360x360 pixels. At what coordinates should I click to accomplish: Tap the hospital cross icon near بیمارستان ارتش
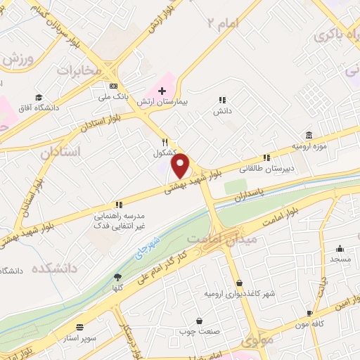(162, 91)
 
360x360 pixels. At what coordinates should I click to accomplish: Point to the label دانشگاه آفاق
(39, 108)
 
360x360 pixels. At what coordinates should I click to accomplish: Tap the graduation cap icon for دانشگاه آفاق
(39, 97)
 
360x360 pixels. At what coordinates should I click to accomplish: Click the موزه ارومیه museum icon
(309, 135)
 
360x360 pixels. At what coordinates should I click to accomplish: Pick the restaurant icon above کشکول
(165, 141)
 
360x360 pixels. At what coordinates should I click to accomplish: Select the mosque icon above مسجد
(340, 248)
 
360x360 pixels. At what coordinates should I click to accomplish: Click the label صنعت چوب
(200, 331)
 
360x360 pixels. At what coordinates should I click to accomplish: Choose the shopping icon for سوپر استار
(79, 327)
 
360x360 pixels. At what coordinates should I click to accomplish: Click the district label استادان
(60, 152)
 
